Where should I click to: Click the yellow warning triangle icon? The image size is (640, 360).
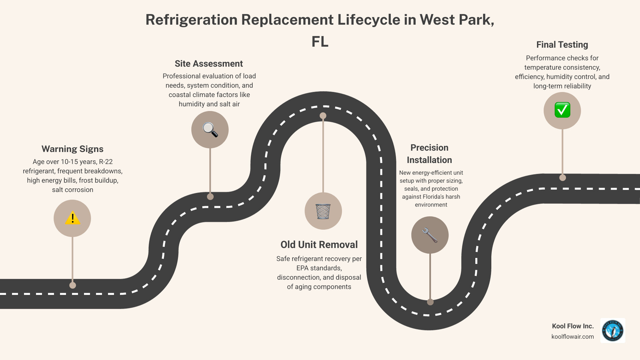[72, 219]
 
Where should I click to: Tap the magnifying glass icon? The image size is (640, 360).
[210, 130]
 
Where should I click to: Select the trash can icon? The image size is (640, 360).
[323, 211]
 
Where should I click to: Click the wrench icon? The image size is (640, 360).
[430, 235]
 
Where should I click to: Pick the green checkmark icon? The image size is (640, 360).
[562, 110]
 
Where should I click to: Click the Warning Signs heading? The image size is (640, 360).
[72, 149]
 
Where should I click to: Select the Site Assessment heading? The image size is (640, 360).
[209, 64]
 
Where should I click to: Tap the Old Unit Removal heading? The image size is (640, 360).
[319, 245]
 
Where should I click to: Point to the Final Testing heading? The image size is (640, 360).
[562, 45]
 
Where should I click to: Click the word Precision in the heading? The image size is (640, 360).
[429, 148]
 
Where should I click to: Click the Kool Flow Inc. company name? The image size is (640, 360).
[573, 326]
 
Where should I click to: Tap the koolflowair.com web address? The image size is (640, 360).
[572, 337]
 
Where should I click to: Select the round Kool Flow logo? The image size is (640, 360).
[613, 331]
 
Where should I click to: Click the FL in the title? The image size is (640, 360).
[320, 42]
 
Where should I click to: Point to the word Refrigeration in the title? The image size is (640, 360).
[191, 20]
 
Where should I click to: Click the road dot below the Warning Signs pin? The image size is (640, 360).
[73, 285]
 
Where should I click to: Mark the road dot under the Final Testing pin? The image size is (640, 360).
[563, 178]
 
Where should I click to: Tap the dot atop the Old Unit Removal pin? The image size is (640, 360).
[323, 116]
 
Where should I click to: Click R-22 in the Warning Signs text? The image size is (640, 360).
[106, 162]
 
